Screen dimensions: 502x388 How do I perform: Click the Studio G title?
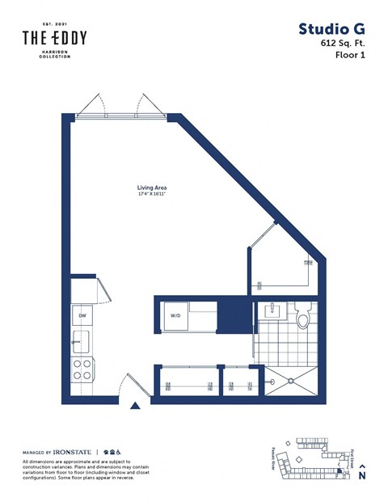click(x=331, y=30)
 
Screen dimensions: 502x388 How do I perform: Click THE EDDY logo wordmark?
click(x=54, y=38)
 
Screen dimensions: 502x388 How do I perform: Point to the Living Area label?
click(x=151, y=188)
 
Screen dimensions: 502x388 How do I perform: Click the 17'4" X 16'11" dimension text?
click(x=151, y=195)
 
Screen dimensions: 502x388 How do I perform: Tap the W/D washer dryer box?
click(x=175, y=315)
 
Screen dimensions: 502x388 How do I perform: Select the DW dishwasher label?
click(x=82, y=315)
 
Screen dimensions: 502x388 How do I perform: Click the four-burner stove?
click(x=82, y=369)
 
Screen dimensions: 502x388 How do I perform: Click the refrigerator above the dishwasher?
click(x=82, y=289)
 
